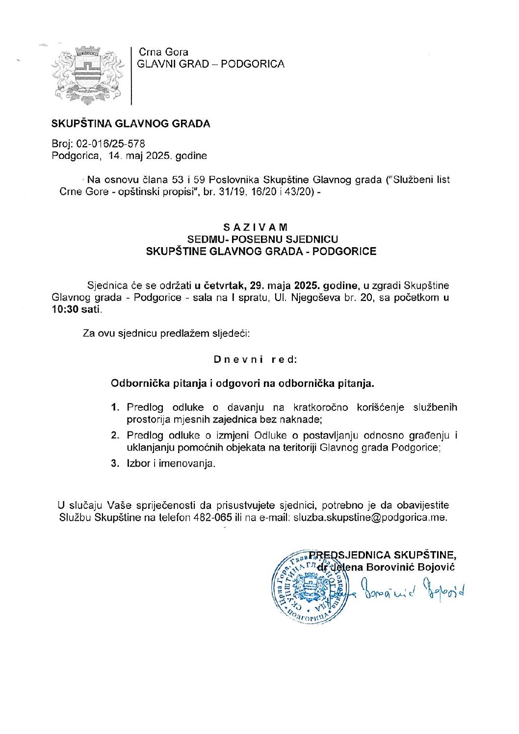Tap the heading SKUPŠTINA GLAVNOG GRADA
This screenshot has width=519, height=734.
tap(130, 124)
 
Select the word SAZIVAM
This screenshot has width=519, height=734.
tap(256, 228)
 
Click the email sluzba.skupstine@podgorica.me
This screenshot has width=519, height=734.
tap(370, 517)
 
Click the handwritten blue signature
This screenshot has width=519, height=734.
tap(412, 590)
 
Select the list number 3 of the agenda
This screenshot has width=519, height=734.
tap(115, 463)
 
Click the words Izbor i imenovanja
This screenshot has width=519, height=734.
tap(171, 463)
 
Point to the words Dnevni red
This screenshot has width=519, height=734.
tap(256, 359)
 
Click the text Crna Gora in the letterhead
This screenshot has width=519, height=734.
tap(163, 52)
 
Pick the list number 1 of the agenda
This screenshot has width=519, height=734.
tap(115, 407)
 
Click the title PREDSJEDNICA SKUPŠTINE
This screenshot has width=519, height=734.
tap(383, 555)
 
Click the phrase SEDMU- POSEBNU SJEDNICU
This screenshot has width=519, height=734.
tap(263, 239)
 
